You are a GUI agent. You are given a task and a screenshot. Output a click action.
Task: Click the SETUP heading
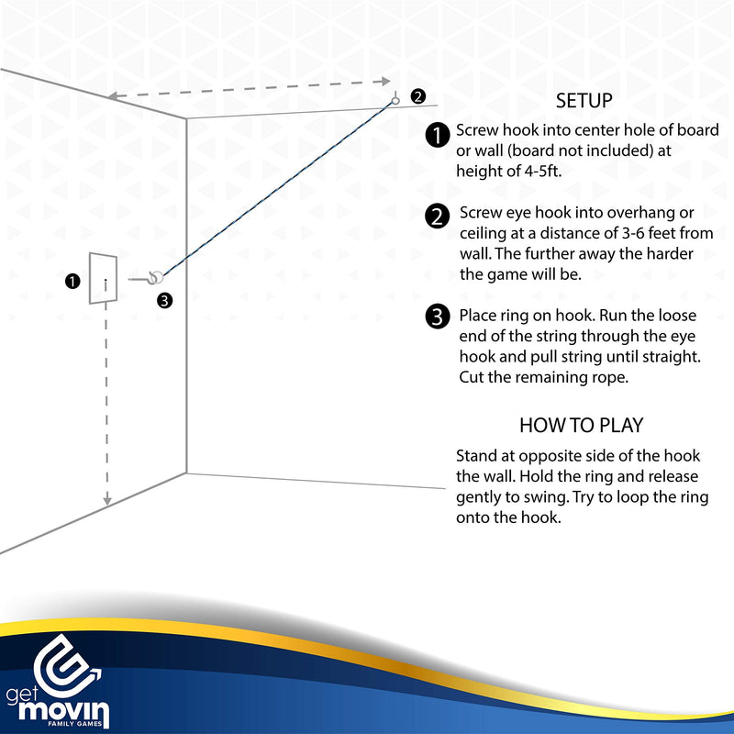pos(584,101)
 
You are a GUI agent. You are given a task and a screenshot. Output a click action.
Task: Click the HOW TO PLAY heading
pos(582,425)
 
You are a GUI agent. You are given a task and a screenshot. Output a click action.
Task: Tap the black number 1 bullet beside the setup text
pos(438,135)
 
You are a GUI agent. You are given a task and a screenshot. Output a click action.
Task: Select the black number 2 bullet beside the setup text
pos(438,217)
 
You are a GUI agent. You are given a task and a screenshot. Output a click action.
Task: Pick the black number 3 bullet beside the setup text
pos(438,317)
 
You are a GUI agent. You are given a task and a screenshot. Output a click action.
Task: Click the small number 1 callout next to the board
pos(72,282)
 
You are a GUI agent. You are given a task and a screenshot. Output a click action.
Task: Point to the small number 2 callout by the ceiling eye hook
pos(418,96)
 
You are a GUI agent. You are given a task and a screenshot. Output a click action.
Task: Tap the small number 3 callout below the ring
pos(165,300)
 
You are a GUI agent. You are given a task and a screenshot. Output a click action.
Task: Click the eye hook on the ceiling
pos(395,99)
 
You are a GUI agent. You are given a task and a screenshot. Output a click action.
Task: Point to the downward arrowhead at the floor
pos(107,501)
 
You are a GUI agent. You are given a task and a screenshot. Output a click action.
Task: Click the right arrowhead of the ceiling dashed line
pos(385,82)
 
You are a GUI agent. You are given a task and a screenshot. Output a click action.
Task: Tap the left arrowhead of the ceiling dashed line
pos(112,96)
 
